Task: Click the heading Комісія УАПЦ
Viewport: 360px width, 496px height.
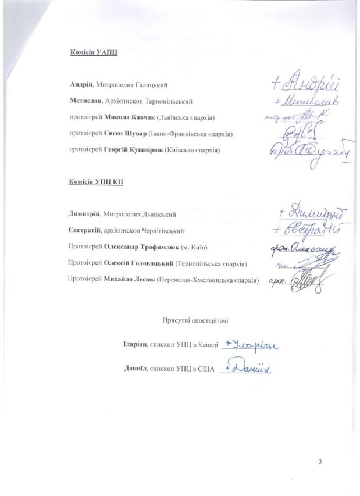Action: point(94,53)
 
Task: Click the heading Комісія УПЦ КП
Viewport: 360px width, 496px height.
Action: point(97,182)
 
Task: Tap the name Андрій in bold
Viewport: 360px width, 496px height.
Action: point(80,86)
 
